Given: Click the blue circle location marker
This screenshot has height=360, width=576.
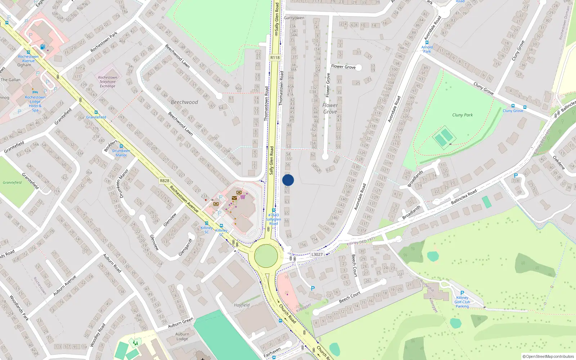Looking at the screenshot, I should [288, 180].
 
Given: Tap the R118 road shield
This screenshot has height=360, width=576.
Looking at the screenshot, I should [275, 58].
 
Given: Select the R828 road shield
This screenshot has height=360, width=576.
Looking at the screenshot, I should [165, 181].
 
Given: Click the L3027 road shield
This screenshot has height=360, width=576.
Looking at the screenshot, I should [317, 255].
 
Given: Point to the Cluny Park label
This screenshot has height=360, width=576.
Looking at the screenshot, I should [463, 115].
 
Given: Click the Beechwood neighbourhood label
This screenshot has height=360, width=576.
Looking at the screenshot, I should [184, 102].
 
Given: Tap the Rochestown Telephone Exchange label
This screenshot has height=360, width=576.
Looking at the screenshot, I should [108, 82].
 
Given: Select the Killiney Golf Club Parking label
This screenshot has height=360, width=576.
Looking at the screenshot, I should [462, 302].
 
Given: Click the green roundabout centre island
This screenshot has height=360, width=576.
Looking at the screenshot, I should [266, 256].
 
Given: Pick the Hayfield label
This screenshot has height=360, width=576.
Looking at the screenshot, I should [242, 305].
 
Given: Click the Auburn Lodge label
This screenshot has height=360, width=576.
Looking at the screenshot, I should [182, 336].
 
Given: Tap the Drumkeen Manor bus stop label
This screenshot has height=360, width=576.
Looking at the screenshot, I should [121, 153].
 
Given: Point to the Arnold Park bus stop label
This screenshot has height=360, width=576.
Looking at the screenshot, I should [427, 49].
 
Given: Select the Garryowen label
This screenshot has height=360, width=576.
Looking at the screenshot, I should [294, 18].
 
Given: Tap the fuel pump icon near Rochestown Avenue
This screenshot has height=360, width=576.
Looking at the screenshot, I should [42, 47].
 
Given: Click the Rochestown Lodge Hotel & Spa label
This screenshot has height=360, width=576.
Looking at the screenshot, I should [35, 104].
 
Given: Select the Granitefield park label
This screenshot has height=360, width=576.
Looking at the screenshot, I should [12, 183].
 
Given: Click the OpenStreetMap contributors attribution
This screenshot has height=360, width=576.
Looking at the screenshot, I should [548, 356].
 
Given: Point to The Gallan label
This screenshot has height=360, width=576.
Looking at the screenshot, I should [11, 80].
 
